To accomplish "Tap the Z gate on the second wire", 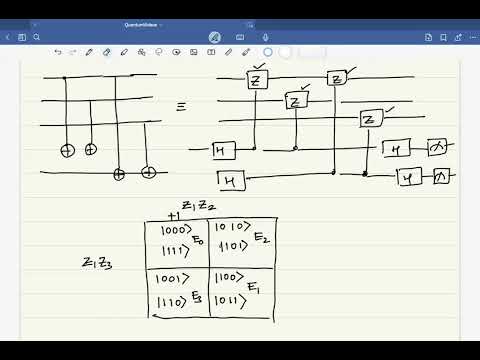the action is coord(294,100).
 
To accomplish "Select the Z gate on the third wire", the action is coord(370,120).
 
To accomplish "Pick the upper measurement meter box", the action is coord(438,148).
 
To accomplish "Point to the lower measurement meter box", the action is coord(442,176).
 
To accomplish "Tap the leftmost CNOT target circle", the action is coord(67,149).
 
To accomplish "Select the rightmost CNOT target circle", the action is coord(148,172).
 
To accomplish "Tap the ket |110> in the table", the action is coord(175,299).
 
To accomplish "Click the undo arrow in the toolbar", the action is coord(58,52).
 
